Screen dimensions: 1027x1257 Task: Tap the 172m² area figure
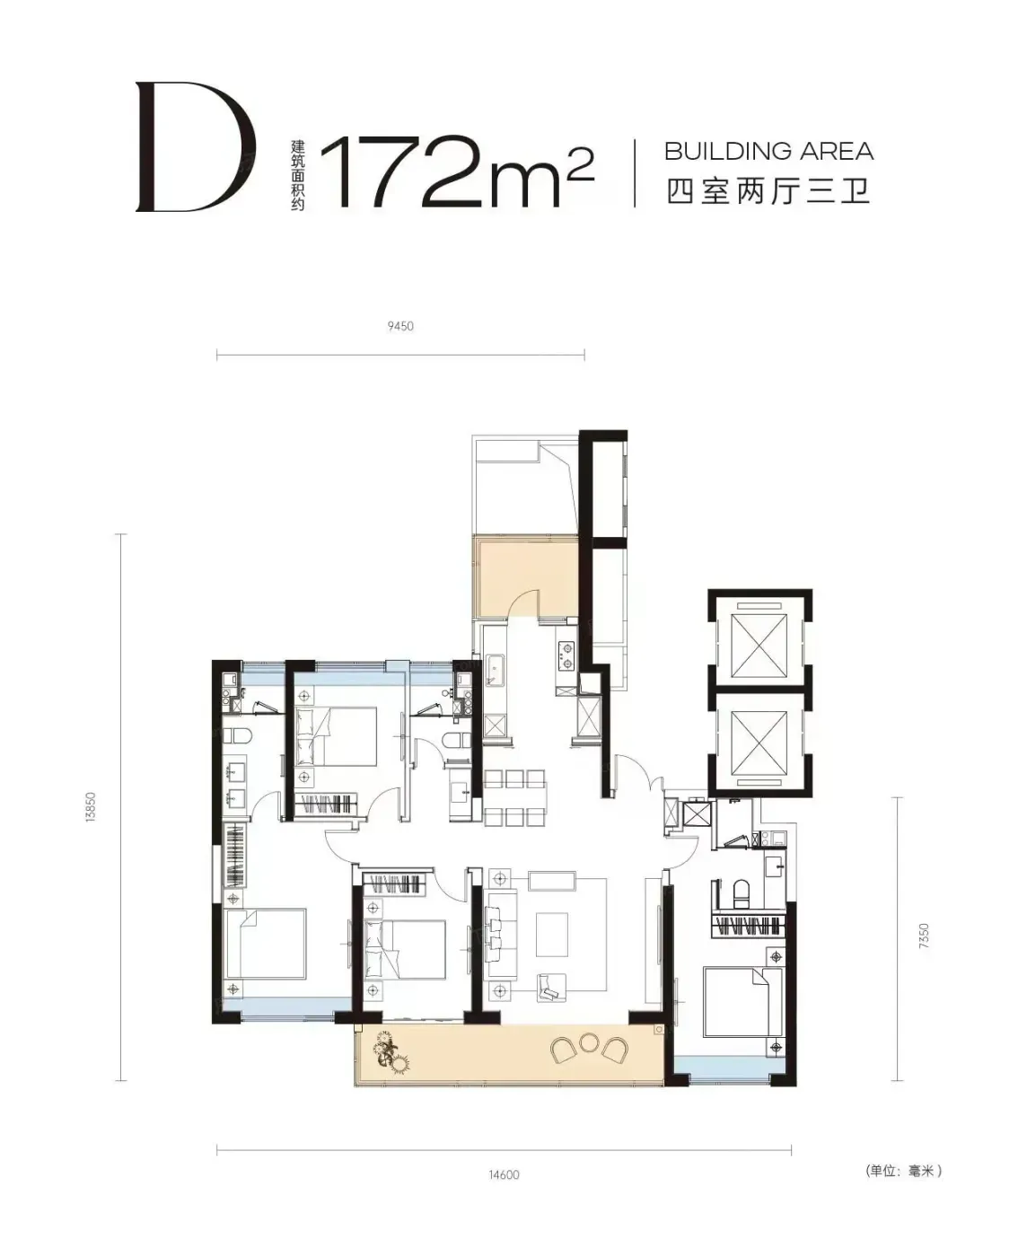click(457, 171)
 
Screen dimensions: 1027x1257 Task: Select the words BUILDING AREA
click(769, 152)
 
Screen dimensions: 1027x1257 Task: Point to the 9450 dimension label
click(400, 326)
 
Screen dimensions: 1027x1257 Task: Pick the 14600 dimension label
click(504, 1174)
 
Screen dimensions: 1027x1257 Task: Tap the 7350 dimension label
click(924, 936)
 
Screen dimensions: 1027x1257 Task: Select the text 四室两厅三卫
click(769, 191)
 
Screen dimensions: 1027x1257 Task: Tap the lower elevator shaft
click(760, 739)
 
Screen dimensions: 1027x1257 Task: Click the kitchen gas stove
click(566, 655)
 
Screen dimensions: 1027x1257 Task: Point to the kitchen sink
click(495, 670)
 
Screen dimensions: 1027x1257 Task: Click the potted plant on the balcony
click(391, 1054)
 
